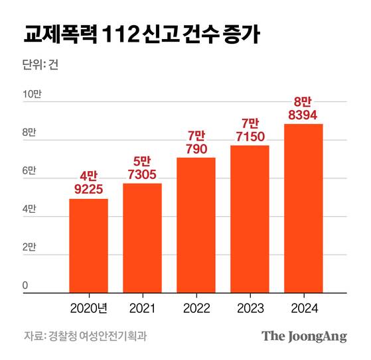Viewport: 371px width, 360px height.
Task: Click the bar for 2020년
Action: pyautogui.click(x=89, y=245)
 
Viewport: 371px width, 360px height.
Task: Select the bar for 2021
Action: pyautogui.click(x=142, y=237)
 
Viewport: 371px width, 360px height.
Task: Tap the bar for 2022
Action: pyautogui.click(x=196, y=225)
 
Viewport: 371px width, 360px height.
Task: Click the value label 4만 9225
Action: pyautogui.click(x=89, y=182)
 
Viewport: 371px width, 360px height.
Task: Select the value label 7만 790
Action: pyautogui.click(x=196, y=142)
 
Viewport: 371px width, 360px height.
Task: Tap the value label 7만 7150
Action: pyautogui.click(x=250, y=129)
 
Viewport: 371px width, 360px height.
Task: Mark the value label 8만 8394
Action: pyautogui.click(x=303, y=108)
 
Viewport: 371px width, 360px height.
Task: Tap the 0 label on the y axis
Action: pyautogui.click(x=25, y=286)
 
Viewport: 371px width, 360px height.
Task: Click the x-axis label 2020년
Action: pyautogui.click(x=89, y=309)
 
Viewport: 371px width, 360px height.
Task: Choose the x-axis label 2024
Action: pyautogui.click(x=303, y=309)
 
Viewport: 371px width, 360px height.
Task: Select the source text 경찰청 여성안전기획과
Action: pyautogui.click(x=97, y=335)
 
